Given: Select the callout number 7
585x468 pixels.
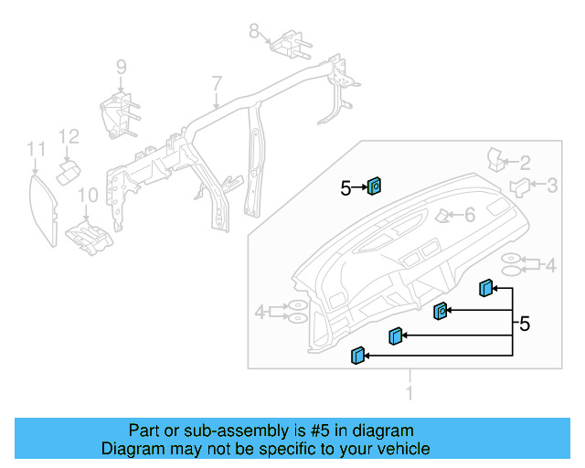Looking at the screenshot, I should [x=217, y=84].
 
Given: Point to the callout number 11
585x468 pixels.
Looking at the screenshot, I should [x=35, y=148].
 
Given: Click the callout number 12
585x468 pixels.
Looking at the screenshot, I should [x=69, y=137].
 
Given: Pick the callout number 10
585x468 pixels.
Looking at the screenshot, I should [x=87, y=195].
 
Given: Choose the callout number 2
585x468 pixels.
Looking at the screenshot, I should [x=525, y=163].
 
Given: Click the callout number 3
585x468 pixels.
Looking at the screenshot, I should [x=552, y=186].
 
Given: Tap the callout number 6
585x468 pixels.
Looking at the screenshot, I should [x=470, y=216].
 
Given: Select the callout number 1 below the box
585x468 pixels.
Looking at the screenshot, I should [x=409, y=393].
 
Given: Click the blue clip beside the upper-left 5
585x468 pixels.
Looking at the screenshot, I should [x=375, y=187].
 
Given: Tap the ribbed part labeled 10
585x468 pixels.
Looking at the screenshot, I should [x=89, y=236].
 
